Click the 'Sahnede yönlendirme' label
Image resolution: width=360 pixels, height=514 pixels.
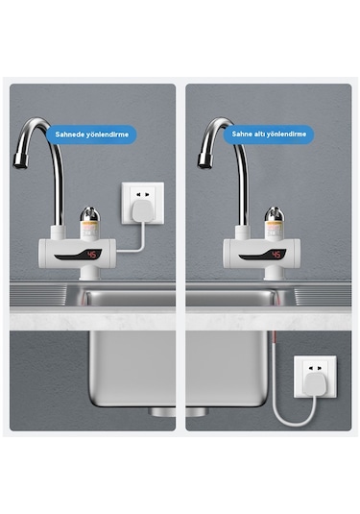coord(92,135)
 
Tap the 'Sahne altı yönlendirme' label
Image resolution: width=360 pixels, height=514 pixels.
coord(269,135)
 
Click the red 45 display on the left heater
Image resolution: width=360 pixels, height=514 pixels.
coord(92,255)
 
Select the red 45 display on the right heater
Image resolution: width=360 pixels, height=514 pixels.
coord(276,255)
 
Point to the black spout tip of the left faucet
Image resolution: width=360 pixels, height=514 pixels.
coord(20,161)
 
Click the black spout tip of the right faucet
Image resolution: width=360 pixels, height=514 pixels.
coord(204,161)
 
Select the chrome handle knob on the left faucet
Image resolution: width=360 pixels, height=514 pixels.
coord(89,213)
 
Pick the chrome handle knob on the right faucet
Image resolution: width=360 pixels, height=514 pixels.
coord(275,213)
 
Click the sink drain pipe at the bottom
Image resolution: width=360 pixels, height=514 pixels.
coord(179,412)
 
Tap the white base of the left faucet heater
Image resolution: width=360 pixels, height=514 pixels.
coord(89,273)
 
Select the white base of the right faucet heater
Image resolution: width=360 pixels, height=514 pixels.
coord(275,273)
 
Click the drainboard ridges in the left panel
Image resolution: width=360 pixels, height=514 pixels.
coord(38,294)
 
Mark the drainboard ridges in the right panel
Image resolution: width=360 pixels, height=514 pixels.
coord(323,296)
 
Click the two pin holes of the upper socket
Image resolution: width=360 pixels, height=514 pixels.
coord(143,194)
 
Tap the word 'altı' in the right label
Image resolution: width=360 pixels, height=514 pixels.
coord(259,135)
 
